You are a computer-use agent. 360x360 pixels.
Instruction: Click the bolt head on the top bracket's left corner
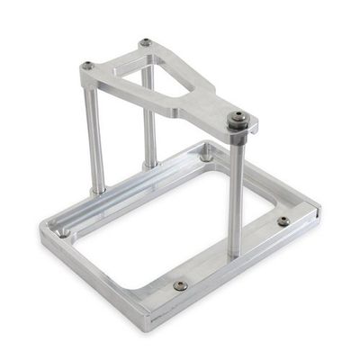[x=88, y=65]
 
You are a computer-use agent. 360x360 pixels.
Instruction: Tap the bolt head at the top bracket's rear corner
[x=146, y=42]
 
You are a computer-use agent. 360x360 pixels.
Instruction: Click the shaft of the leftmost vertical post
[x=94, y=135]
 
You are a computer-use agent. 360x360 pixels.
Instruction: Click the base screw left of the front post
[x=179, y=285]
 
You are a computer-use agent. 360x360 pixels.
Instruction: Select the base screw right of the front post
[x=283, y=220]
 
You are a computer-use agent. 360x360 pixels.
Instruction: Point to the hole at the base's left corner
[x=64, y=231]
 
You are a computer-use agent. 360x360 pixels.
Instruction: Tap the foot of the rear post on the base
[x=150, y=164]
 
